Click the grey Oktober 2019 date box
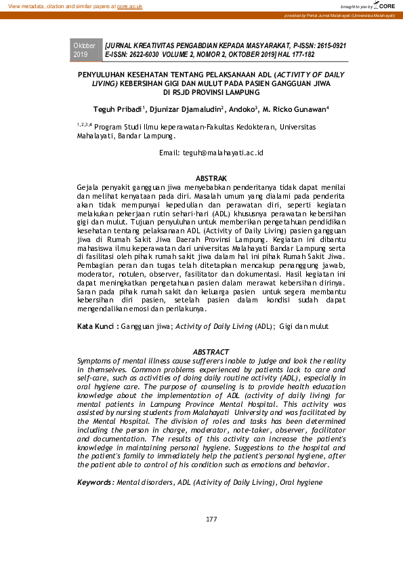point(85,50)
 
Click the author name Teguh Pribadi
point(116,109)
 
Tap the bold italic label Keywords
point(96,481)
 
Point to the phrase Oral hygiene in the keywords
point(300,481)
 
